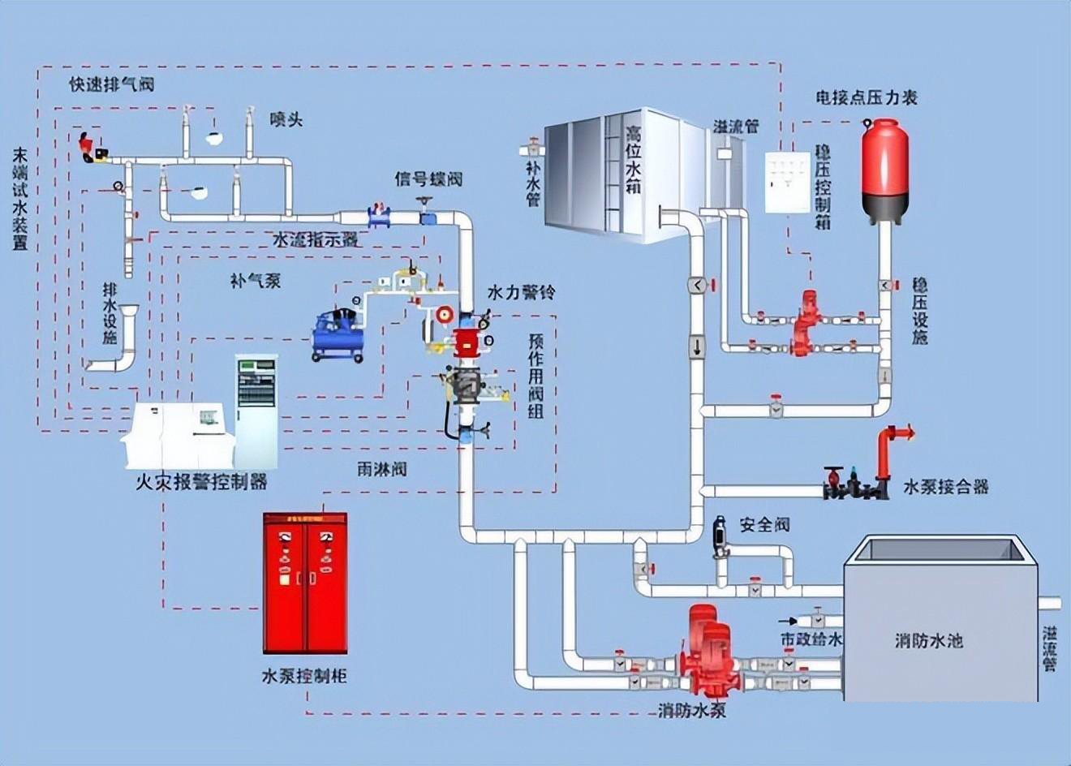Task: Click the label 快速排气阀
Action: [x=112, y=84]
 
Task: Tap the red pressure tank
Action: [x=884, y=171]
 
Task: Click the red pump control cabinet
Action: [x=305, y=583]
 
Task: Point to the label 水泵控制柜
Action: [x=304, y=676]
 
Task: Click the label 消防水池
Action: [x=928, y=640]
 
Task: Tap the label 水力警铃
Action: [x=521, y=292]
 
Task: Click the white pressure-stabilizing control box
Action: [x=788, y=183]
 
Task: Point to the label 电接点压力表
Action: [x=867, y=97]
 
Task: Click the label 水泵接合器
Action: [x=946, y=487]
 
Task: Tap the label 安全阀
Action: [x=764, y=525]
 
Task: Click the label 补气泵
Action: [x=256, y=281]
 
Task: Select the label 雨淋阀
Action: [x=382, y=470]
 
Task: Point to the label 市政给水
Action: [x=811, y=639]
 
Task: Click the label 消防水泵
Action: [x=692, y=711]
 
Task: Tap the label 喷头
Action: [x=286, y=119]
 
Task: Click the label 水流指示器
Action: [x=315, y=239]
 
